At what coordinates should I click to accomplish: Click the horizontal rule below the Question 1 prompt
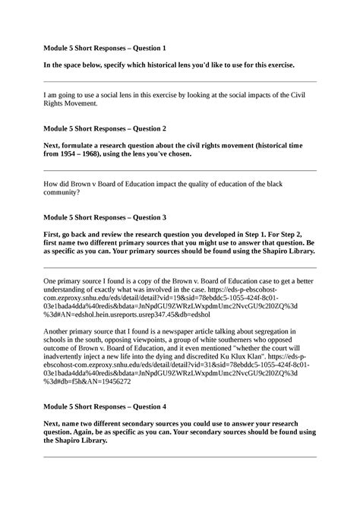coord(180,81)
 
